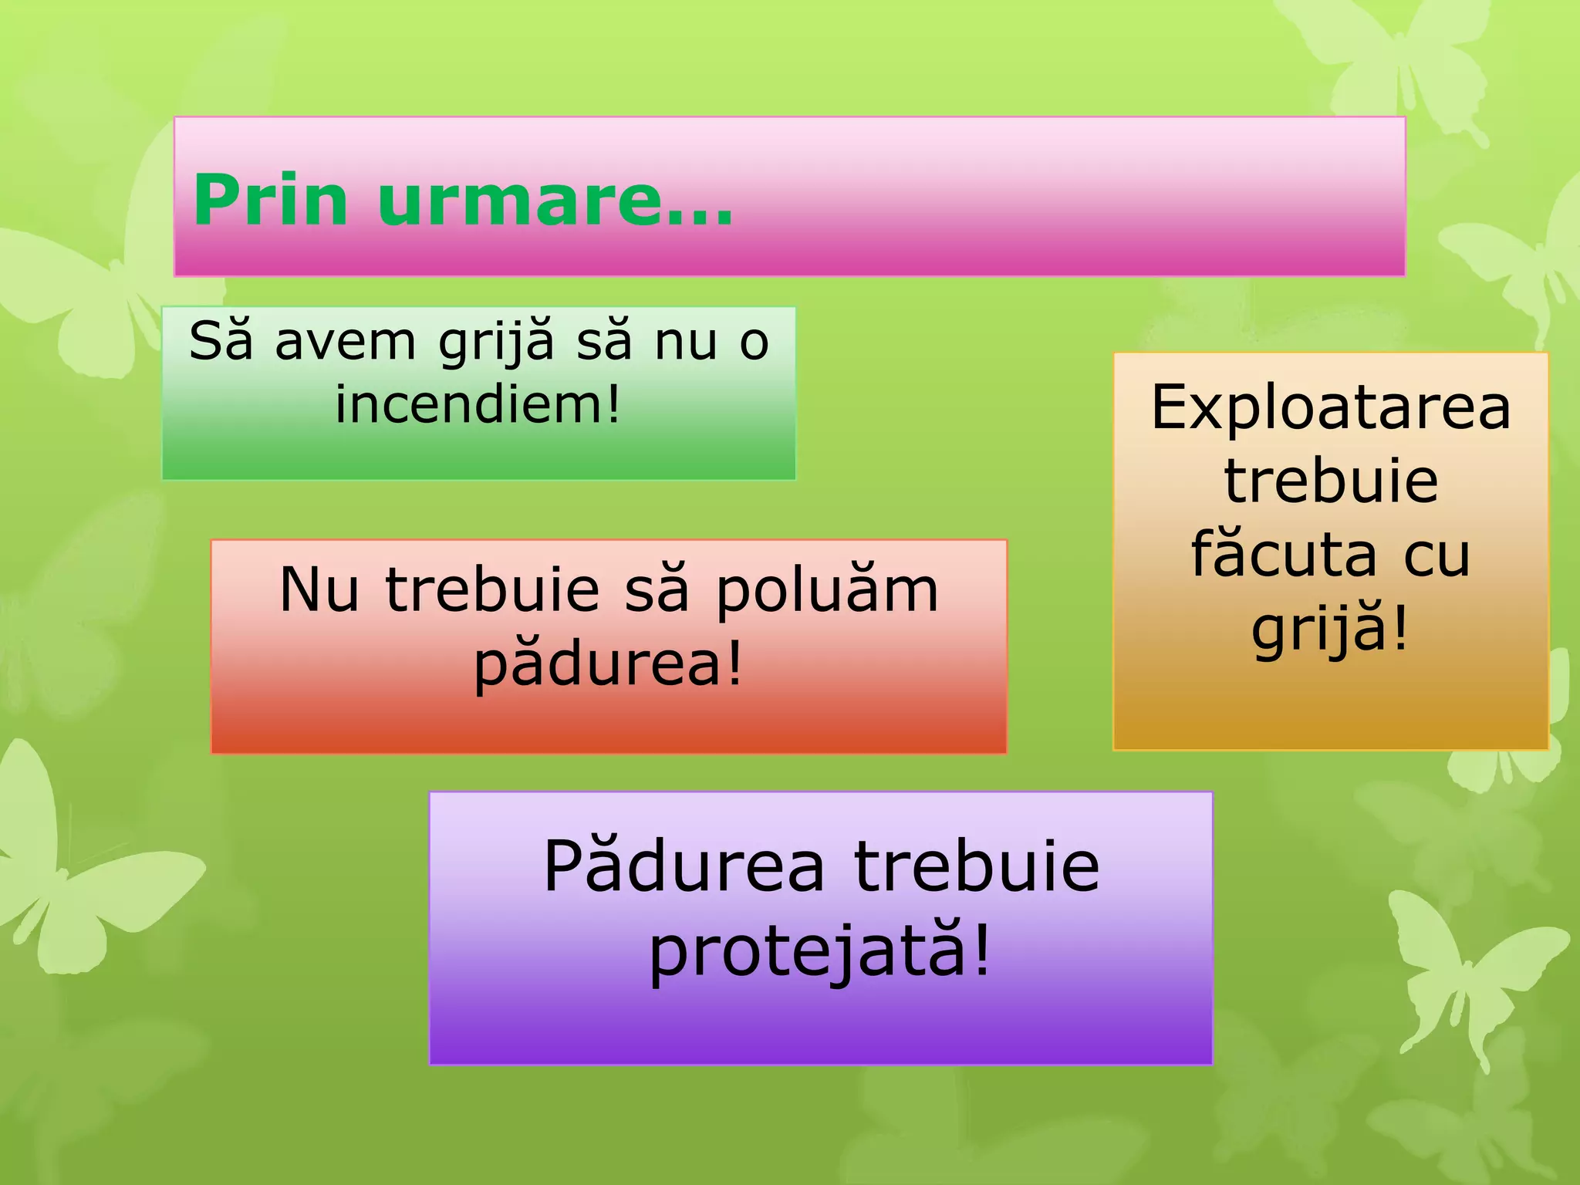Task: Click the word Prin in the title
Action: tap(271, 201)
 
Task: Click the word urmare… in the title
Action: tap(555, 201)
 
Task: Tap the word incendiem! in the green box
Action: tap(478, 404)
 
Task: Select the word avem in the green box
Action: tap(346, 341)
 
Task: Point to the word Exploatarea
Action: tap(1331, 407)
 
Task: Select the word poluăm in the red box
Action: tap(827, 590)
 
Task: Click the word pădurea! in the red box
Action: tap(608, 663)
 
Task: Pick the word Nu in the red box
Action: tap(319, 590)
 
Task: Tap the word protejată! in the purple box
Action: tap(820, 951)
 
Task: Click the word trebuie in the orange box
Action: tap(1331, 481)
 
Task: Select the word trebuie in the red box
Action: tap(492, 590)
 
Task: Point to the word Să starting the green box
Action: tap(221, 341)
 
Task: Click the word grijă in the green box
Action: tap(497, 341)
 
